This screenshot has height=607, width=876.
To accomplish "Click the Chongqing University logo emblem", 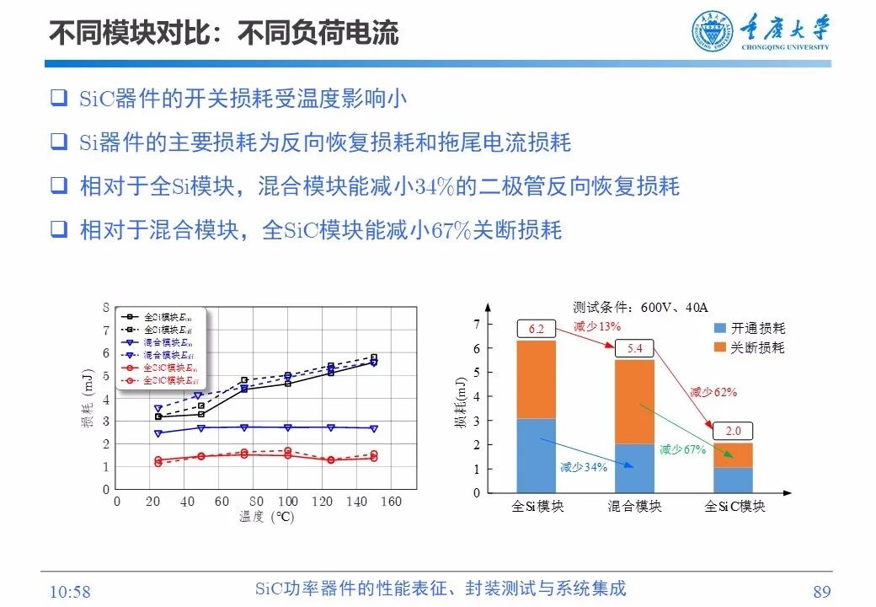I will coord(713,32).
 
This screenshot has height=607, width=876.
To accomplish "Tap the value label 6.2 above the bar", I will coord(536,329).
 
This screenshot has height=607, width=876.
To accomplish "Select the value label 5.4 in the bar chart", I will coord(635,348).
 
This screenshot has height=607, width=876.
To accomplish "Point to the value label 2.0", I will coord(733,431).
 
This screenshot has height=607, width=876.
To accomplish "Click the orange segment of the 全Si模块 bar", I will coord(536,379).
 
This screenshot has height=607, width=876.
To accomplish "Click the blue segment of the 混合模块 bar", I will coord(635,468).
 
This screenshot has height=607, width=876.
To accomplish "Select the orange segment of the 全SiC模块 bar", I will coord(733,455).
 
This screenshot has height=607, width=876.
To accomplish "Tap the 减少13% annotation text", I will coord(597,326).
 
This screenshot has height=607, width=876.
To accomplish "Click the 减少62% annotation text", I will coord(713,392).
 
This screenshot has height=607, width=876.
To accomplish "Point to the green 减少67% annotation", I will coord(681,449).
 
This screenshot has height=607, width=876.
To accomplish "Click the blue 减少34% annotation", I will coord(583,467).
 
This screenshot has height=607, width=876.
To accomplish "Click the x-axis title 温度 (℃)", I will coord(266,517).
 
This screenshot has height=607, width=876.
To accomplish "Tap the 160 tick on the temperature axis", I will coord(390,502).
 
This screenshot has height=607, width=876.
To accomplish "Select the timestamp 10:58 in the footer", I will coord(70,592).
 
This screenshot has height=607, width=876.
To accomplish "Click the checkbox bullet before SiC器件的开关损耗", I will coord(58,98).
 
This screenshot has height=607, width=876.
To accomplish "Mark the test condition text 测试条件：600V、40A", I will coord(628,308).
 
